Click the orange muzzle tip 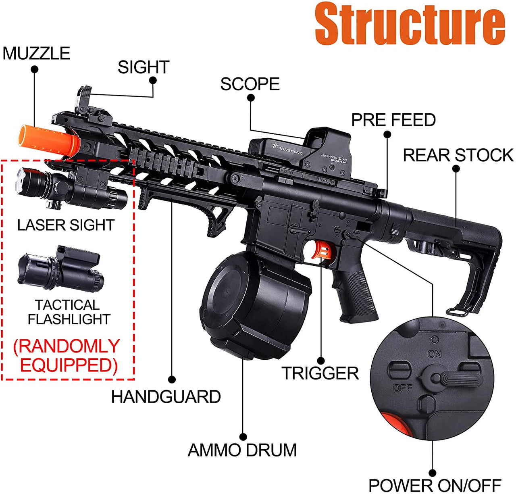[48, 140]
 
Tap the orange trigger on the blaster [323, 250]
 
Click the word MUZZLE [36, 53]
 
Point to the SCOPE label [250, 84]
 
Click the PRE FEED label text [393, 120]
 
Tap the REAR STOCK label [458, 155]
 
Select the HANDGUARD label [166, 397]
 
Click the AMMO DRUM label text [242, 450]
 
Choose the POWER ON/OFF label [435, 486]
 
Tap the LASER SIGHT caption [66, 225]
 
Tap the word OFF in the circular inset [402, 388]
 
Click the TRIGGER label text [320, 373]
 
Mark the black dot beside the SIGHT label [153, 80]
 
